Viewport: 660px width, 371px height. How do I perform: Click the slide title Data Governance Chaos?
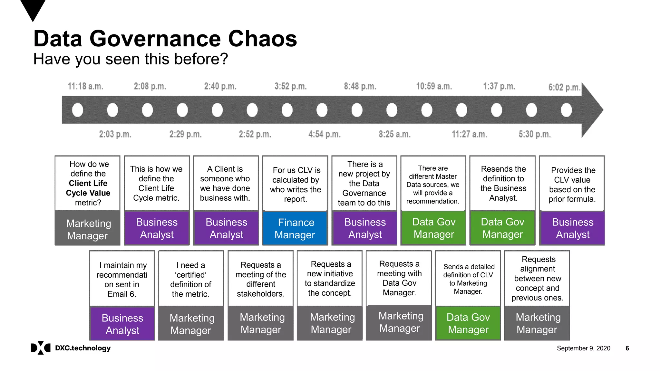165,39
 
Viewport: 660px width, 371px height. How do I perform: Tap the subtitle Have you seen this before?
131,59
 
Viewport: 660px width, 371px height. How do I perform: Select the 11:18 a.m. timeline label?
85,86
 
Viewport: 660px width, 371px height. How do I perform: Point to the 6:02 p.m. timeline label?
564,87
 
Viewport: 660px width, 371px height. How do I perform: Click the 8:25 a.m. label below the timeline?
394,134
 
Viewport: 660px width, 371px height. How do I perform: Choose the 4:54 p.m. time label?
324,134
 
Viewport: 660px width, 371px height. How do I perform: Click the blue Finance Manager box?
295,228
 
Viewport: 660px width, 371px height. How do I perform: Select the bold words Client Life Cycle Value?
88,188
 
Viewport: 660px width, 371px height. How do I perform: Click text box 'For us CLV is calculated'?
296,185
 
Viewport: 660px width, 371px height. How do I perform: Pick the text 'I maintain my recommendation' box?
122,280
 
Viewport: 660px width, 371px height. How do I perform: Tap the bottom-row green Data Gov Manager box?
468,323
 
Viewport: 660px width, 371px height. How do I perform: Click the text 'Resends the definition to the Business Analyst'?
503,183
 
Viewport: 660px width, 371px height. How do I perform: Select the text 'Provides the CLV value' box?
572,185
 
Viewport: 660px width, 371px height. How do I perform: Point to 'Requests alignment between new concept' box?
537,279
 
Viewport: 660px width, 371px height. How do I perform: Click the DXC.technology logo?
71,348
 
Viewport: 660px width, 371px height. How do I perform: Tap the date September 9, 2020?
583,348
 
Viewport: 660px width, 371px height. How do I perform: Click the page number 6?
627,348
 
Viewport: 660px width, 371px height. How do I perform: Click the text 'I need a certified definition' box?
191,280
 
